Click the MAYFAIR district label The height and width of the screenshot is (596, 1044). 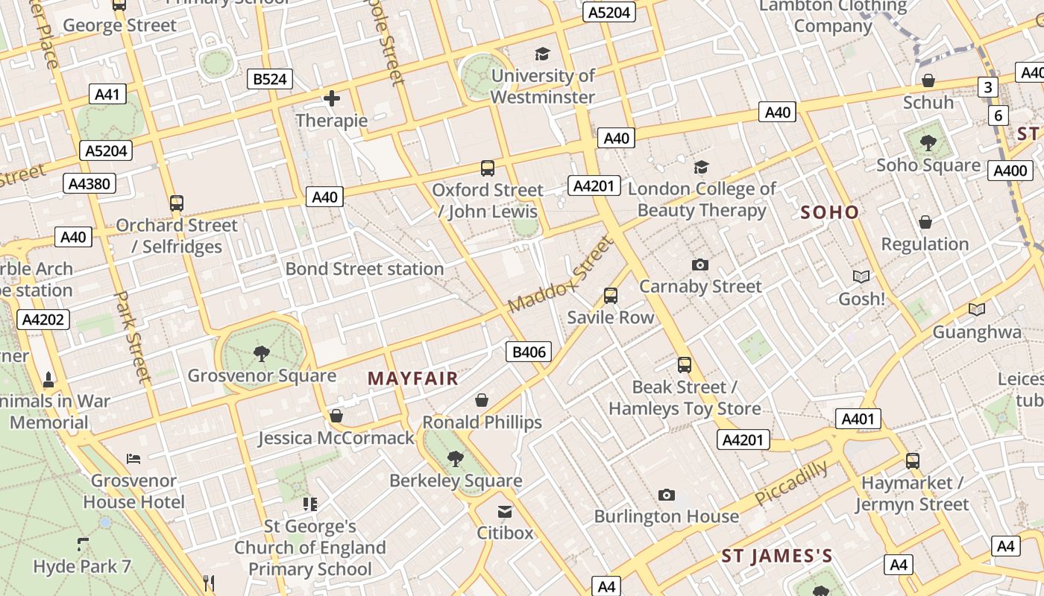[x=412, y=378]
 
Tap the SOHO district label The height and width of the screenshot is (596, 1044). [x=829, y=212]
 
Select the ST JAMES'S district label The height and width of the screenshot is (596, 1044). [x=776, y=557]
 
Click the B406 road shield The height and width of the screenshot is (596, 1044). [x=528, y=352]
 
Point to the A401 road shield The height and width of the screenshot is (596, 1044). [x=858, y=419]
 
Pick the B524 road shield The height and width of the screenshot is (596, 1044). [x=270, y=79]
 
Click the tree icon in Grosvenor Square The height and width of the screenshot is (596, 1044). [x=261, y=353]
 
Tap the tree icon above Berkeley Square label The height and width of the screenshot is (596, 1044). [x=455, y=458]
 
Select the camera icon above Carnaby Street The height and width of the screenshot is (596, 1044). [x=699, y=264]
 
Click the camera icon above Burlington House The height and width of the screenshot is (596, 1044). [x=666, y=495]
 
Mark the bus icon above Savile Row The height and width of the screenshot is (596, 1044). [x=610, y=296]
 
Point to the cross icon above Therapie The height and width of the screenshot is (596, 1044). [x=332, y=98]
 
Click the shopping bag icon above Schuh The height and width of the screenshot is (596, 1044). [x=928, y=80]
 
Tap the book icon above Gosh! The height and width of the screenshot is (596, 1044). [x=861, y=276]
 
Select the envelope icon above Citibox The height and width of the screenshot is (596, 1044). [x=505, y=511]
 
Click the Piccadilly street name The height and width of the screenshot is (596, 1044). [x=791, y=483]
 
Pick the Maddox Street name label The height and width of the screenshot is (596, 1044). [x=559, y=275]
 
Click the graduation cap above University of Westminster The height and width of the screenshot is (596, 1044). [x=542, y=54]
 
